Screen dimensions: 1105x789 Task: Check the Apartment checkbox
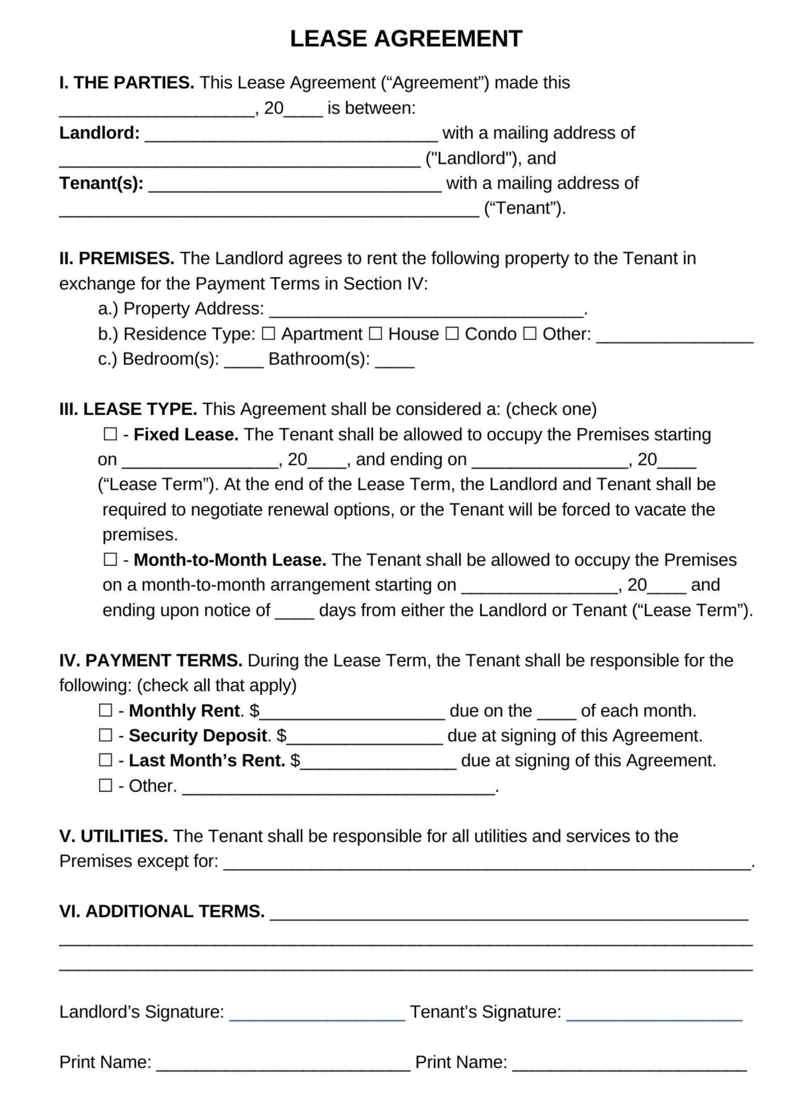point(268,334)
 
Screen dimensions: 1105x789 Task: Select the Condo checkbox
point(452,334)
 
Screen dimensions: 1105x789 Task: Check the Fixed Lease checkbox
point(110,434)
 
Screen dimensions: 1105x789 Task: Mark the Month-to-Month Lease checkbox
point(110,559)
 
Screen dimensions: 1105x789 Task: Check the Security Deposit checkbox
point(105,735)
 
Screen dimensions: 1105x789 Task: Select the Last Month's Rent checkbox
point(105,760)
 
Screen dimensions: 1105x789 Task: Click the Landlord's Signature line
point(317,1013)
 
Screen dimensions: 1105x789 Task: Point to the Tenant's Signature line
point(654,1013)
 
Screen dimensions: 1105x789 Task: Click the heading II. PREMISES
point(116,258)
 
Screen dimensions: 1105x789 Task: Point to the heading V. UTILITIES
point(113,836)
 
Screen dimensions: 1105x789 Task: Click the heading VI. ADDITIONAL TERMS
point(162,911)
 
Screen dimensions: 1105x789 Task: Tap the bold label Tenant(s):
point(101,183)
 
